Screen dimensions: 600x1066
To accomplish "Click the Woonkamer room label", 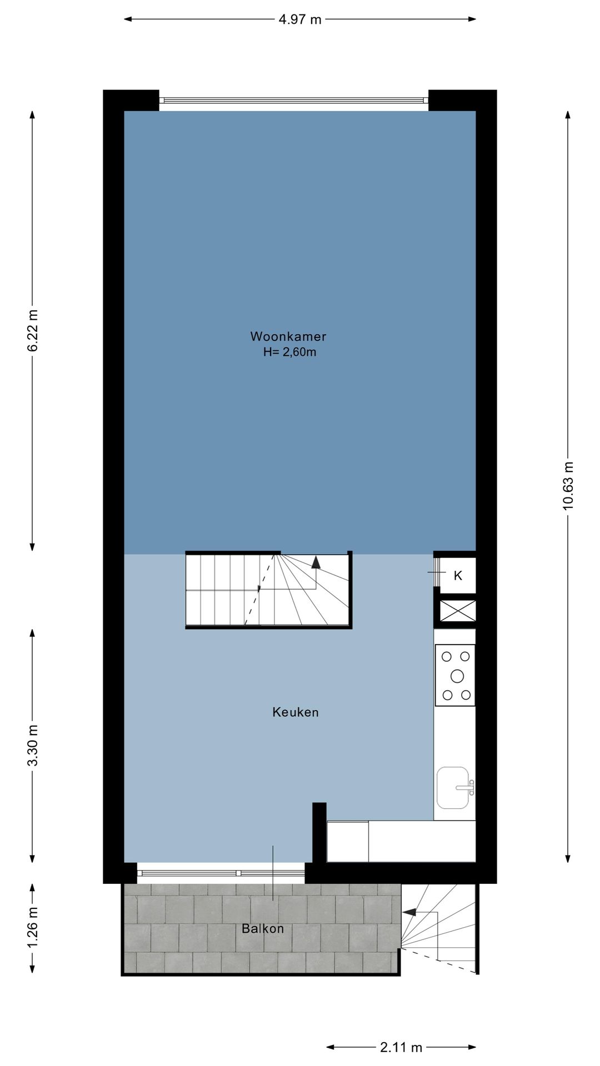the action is pyautogui.click(x=288, y=336).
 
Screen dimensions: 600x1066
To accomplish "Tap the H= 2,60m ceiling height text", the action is pyautogui.click(x=289, y=352).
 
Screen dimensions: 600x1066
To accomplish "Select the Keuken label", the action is pyautogui.click(x=296, y=712).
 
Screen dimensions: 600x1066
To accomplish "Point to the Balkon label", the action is pyautogui.click(x=263, y=928).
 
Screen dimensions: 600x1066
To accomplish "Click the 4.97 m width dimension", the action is pyautogui.click(x=300, y=19).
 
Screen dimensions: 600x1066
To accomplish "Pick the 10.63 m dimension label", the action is pyautogui.click(x=568, y=486).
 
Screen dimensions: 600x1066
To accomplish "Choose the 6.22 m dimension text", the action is pyautogui.click(x=33, y=330).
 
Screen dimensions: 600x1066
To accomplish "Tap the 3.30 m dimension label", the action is pyautogui.click(x=33, y=745).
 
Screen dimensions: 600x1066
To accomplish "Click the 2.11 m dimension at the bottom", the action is pyautogui.click(x=401, y=1047).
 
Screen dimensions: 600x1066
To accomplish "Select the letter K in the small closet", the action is pyautogui.click(x=458, y=576).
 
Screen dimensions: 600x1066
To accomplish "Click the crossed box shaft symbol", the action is pyautogui.click(x=458, y=611).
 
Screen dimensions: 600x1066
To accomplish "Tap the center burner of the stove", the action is pyautogui.click(x=457, y=676).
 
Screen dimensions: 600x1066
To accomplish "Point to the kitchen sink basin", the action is pyautogui.click(x=453, y=788).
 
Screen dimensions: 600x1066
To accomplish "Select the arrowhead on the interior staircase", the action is pyautogui.click(x=316, y=561).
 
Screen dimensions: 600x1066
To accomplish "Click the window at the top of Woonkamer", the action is pyautogui.click(x=294, y=100).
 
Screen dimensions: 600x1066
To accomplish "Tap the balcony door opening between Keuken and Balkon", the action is pyautogui.click(x=221, y=873).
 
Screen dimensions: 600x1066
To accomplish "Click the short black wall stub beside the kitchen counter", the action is pyautogui.click(x=319, y=833).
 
